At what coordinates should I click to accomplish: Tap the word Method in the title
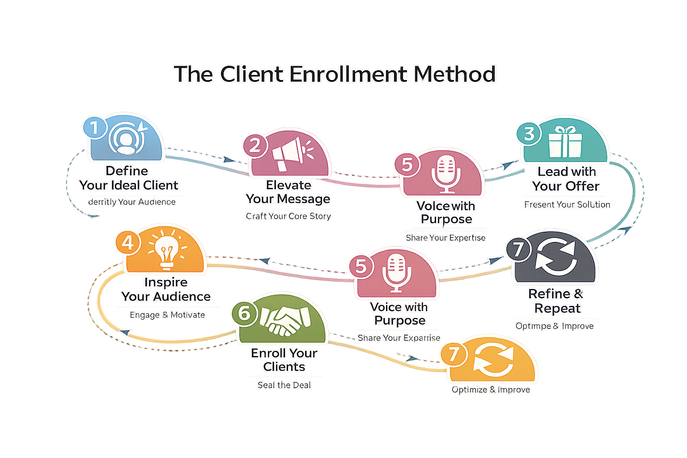click(454, 74)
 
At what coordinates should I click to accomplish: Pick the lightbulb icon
click(167, 249)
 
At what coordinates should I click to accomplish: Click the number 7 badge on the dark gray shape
click(518, 250)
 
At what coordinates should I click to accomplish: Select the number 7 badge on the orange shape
click(454, 354)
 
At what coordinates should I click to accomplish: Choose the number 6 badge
click(244, 313)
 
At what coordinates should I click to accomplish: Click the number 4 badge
click(128, 242)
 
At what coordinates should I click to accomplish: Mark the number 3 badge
click(529, 133)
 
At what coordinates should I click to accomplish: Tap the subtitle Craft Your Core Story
click(288, 216)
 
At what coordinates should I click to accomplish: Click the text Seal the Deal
click(284, 385)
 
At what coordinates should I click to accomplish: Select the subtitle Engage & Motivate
click(167, 315)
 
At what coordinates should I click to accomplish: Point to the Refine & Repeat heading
click(556, 301)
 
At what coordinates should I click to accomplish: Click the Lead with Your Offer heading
click(566, 179)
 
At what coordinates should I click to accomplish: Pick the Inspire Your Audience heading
click(166, 289)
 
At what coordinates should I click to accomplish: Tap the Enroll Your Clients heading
click(284, 360)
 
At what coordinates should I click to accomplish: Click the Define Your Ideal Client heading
click(128, 178)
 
